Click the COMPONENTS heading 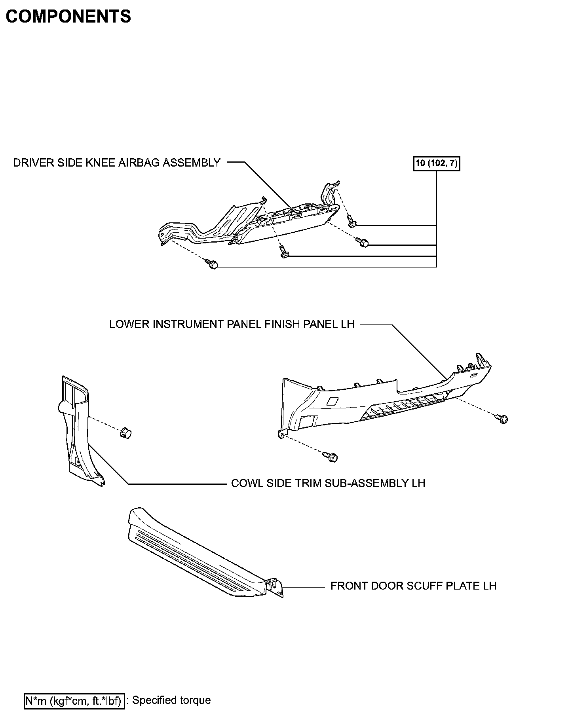68,17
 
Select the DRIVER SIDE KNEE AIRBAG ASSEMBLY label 117,163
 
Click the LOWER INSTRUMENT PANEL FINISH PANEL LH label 232,324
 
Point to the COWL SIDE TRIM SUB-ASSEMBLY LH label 328,483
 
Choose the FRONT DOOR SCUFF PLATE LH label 413,586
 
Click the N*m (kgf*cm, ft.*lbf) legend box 74,701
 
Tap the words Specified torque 171,700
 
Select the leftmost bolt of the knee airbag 212,264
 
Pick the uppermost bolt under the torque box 351,222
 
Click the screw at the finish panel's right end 502,418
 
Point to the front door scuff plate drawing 198,554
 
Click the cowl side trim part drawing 79,431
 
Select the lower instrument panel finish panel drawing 380,400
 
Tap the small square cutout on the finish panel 332,401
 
